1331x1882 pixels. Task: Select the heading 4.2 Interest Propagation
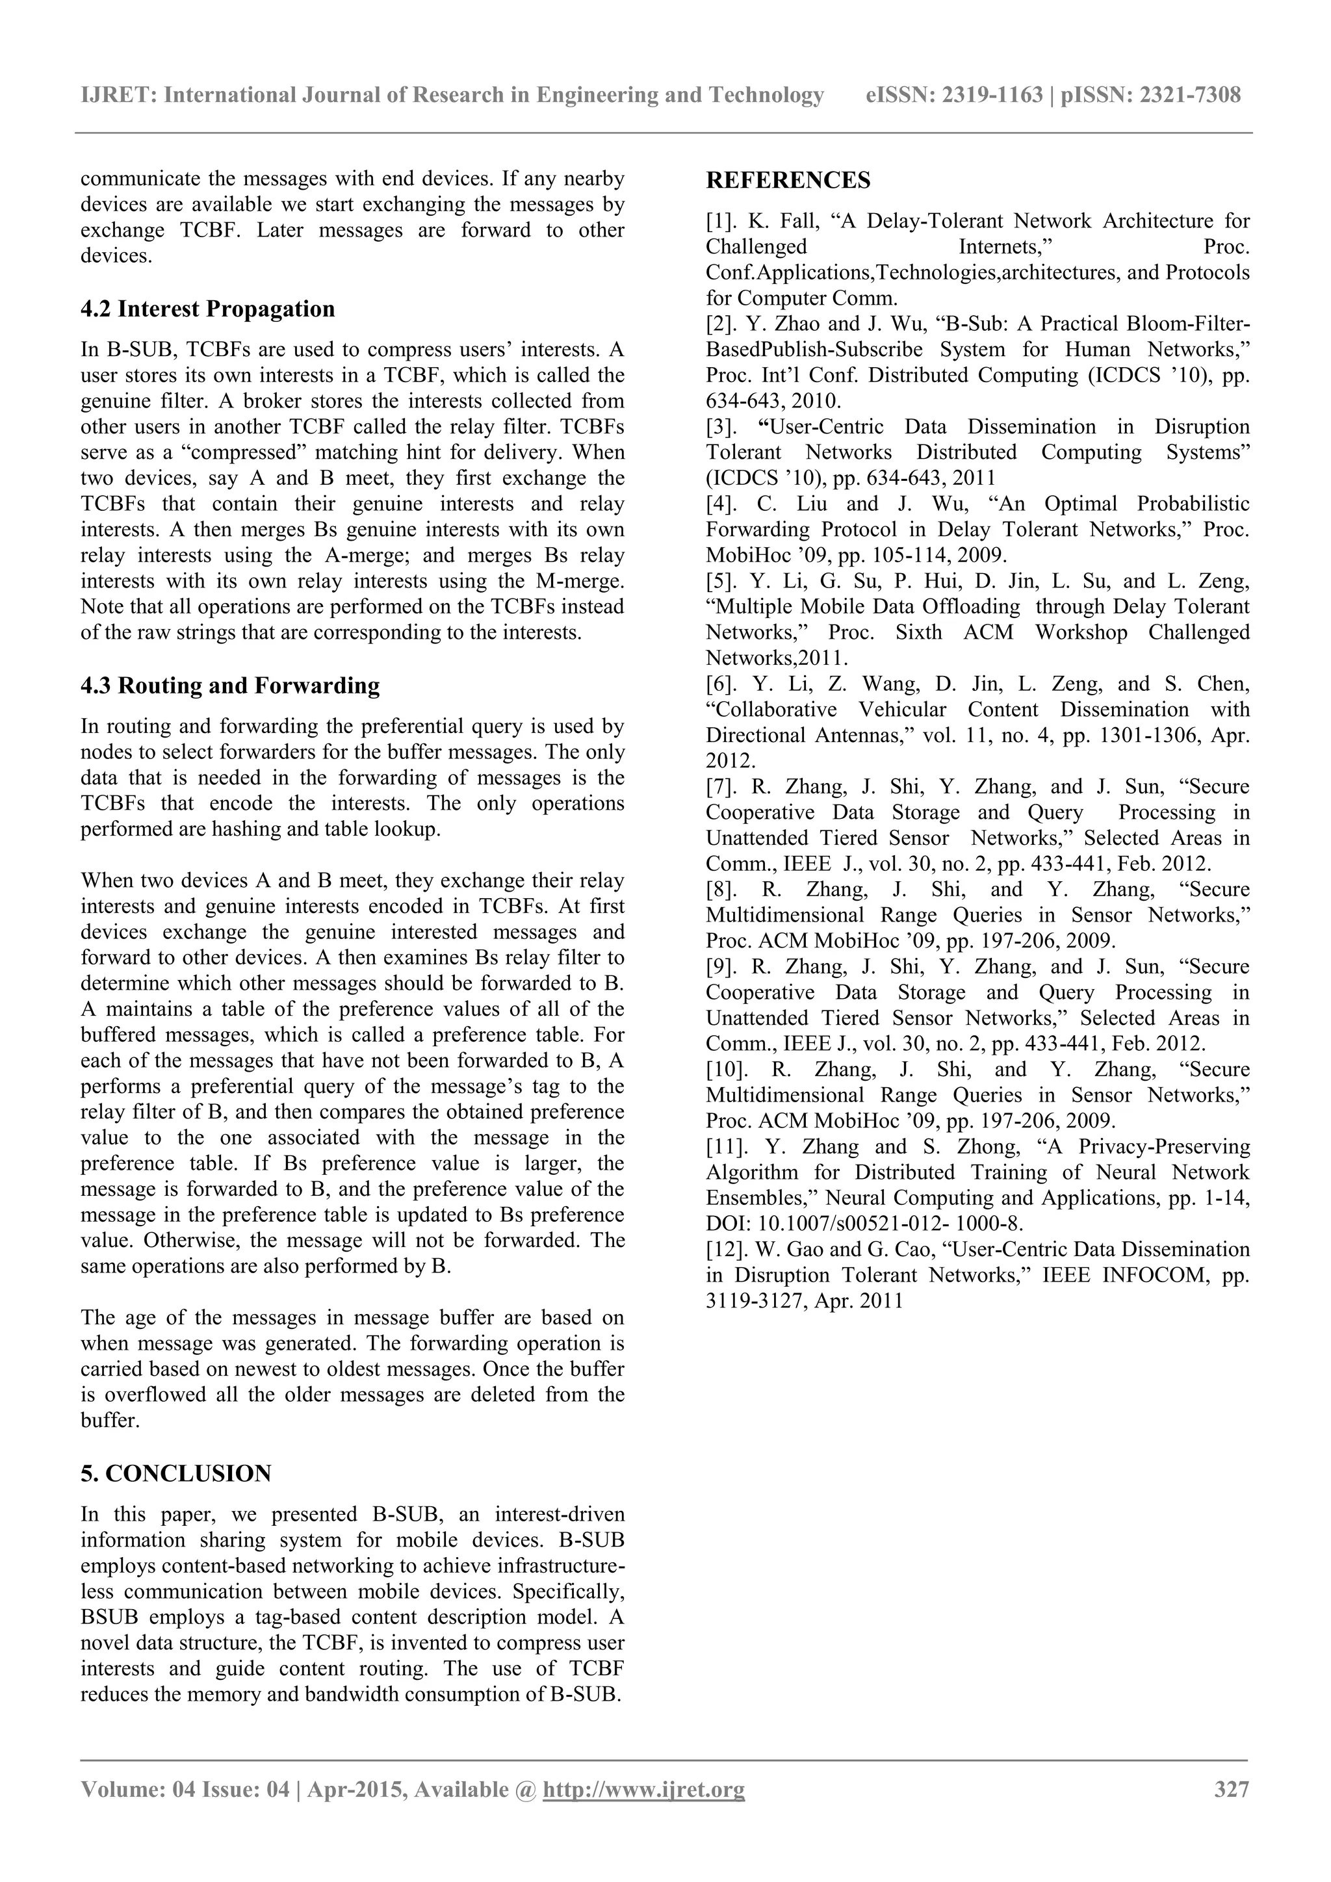coord(207,309)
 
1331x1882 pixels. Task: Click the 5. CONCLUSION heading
coord(175,1474)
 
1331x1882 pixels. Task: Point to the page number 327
coord(1231,1789)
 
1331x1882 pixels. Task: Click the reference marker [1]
coord(721,222)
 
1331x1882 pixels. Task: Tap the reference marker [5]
coord(721,581)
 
